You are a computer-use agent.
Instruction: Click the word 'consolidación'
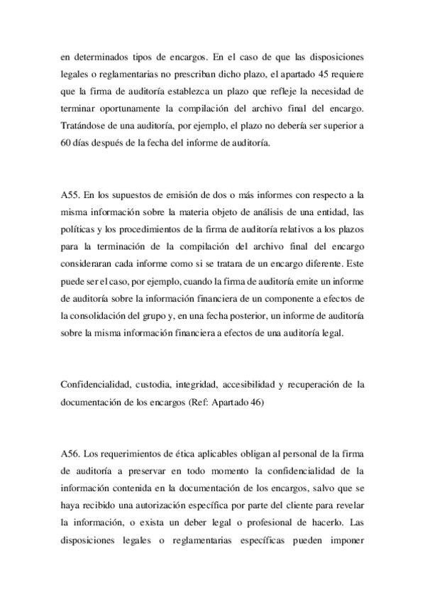click(106, 312)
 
